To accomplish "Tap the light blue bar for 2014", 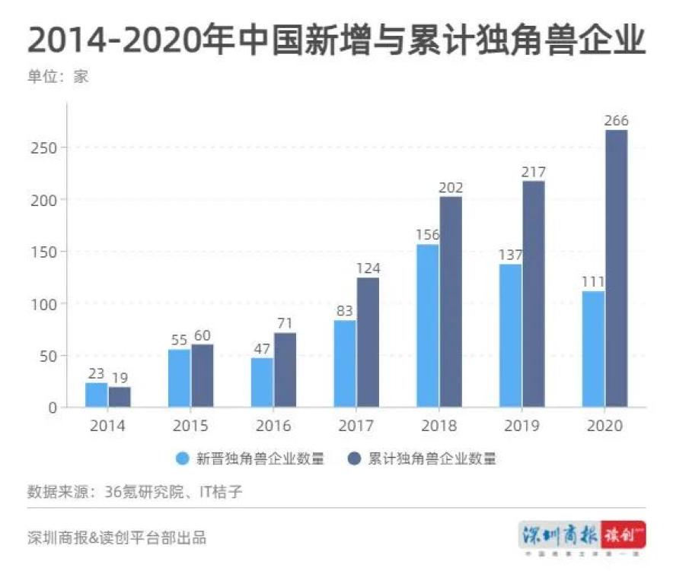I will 97,395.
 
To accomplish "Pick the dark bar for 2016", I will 285,370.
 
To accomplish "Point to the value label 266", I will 616,121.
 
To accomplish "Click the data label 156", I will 428,235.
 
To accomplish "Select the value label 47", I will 261,349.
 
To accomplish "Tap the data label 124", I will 368,268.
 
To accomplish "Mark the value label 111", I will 592,282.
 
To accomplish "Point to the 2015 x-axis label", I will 191,426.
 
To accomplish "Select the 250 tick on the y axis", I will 46,148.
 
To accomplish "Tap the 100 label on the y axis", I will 46,304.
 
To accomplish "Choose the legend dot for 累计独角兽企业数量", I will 354,458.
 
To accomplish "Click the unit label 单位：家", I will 58,77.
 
